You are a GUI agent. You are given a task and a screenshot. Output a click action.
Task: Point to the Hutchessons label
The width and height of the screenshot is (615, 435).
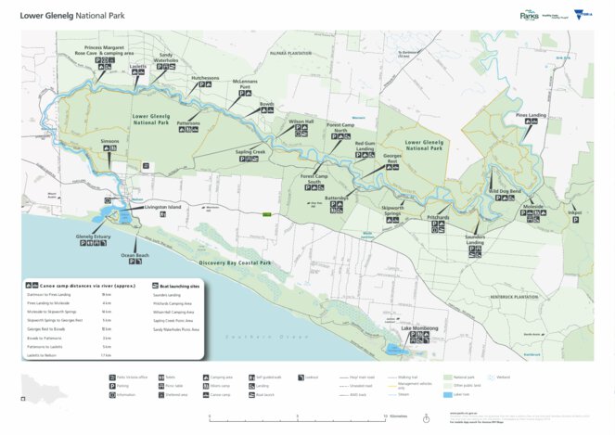coord(205,78)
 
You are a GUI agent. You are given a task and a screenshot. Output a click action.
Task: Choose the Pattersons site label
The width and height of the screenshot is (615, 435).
coord(188,122)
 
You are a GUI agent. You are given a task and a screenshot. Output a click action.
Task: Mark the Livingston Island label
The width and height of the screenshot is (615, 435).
coord(163,206)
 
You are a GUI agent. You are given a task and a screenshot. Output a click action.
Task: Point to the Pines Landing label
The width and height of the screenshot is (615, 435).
coord(532,115)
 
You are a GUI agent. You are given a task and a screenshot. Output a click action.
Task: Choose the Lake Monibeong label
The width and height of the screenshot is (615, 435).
coord(419,328)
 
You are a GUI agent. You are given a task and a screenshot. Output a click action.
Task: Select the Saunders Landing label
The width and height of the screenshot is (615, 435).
coord(475,237)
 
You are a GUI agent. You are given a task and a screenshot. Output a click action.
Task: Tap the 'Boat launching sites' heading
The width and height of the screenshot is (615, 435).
coord(178,287)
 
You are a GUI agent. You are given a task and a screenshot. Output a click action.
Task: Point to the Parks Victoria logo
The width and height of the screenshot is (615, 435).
coord(531,15)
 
